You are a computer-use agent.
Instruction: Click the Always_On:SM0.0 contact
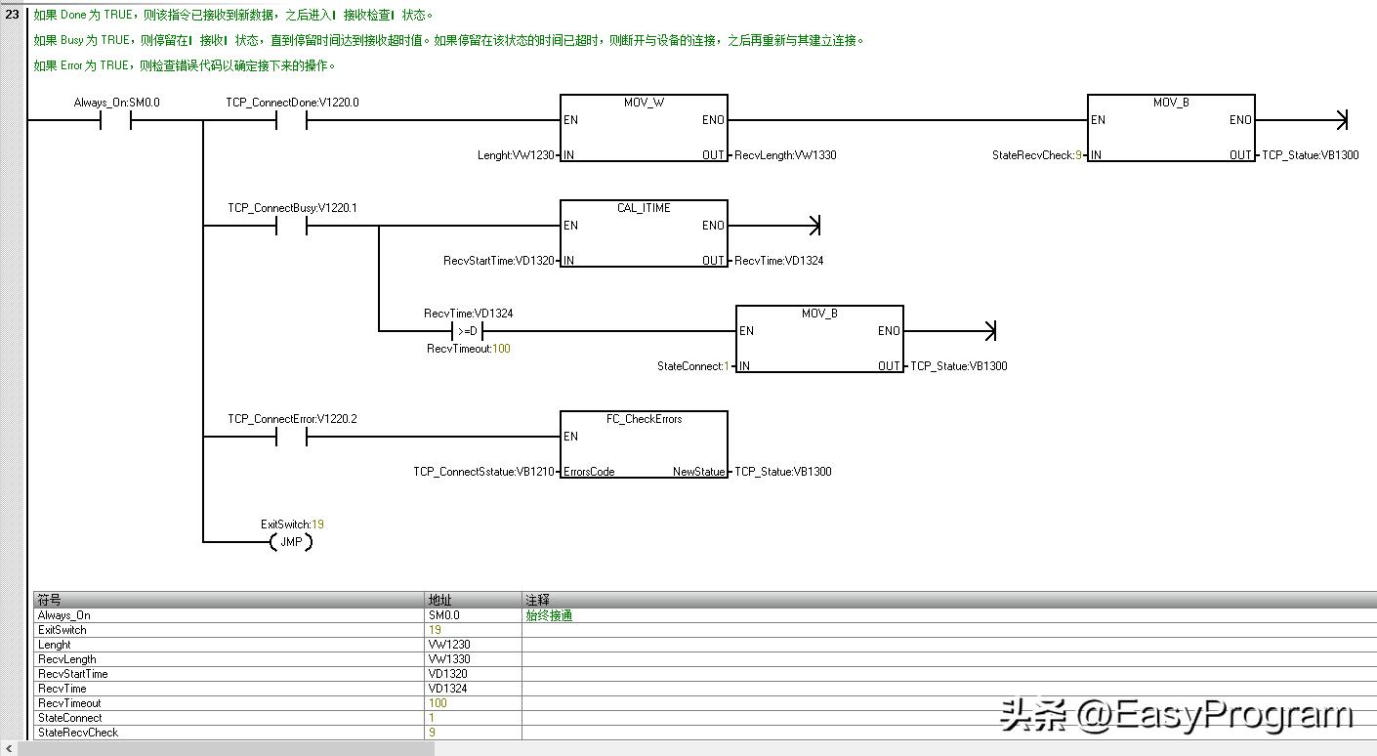pos(116,120)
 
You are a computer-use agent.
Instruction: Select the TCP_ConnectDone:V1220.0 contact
pos(291,120)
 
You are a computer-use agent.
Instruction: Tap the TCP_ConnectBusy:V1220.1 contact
pos(291,226)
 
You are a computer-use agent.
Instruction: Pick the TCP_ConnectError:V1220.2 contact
pos(291,437)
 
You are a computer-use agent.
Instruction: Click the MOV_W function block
pos(644,128)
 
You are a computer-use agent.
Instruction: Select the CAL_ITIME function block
pos(644,233)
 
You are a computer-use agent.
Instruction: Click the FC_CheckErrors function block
pos(644,444)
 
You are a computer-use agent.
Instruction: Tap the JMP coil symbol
pos(291,542)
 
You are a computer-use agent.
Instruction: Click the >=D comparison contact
pos(467,331)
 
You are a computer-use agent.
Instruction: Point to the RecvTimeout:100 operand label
pos(468,349)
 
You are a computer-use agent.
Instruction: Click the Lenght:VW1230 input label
pos(516,155)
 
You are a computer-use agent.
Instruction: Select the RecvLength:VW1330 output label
pos(785,155)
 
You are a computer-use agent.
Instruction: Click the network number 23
pos(12,15)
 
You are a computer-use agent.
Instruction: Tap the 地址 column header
pos(440,600)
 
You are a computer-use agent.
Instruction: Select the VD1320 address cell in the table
pos(447,674)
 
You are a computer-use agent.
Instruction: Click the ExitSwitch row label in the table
pos(62,630)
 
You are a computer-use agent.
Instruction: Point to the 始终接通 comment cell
pos(549,615)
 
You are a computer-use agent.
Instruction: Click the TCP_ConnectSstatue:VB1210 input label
pos(483,472)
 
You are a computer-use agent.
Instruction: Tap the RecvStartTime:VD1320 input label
pos(498,261)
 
